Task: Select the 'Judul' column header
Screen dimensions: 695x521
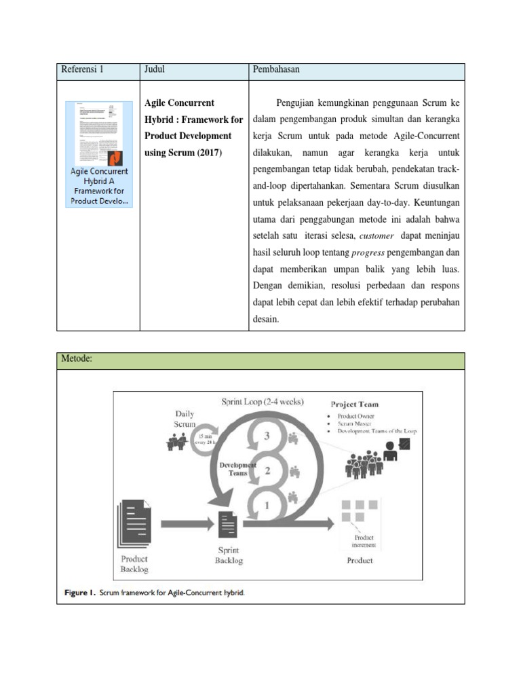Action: pyautogui.click(x=155, y=70)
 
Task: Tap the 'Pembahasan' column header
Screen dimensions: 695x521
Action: pyautogui.click(x=276, y=70)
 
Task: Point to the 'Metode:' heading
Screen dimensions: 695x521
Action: pyautogui.click(x=77, y=360)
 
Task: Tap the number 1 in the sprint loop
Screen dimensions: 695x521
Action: pyautogui.click(x=267, y=505)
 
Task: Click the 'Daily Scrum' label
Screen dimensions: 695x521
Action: pyautogui.click(x=184, y=418)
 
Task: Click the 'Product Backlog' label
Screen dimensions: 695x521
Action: pyautogui.click(x=134, y=564)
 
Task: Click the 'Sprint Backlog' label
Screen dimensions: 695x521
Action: pyautogui.click(x=228, y=555)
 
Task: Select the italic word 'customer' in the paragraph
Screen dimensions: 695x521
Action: pyautogui.click(x=375, y=236)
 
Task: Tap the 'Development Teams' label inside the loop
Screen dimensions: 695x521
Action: pyautogui.click(x=237, y=469)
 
